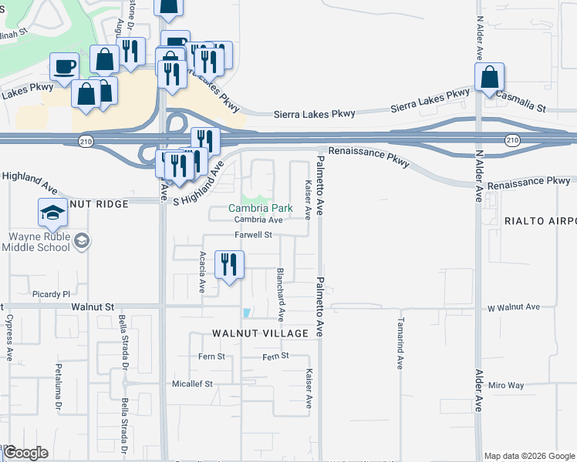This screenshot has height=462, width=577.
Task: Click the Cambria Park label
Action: [x=261, y=208]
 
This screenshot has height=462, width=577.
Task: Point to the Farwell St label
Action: [x=254, y=235]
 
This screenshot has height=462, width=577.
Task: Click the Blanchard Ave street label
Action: [x=282, y=293]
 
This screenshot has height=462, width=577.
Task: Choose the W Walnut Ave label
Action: [x=514, y=306]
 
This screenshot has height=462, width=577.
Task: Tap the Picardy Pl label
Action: [x=52, y=294]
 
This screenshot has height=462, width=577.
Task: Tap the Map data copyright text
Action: [x=529, y=456]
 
